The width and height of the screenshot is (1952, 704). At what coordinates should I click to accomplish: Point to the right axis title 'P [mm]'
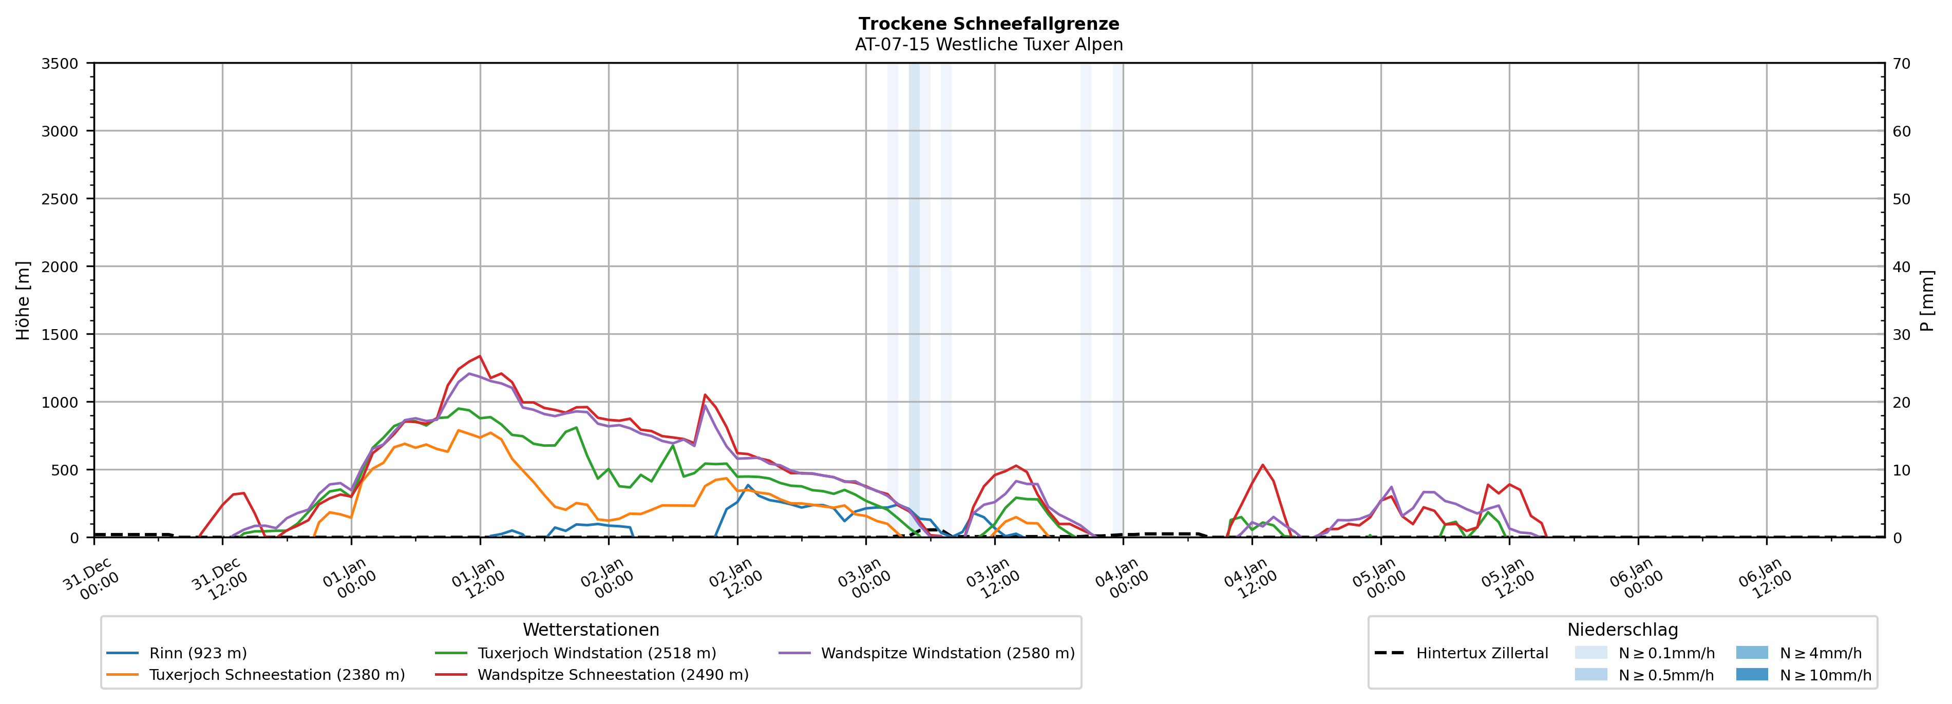pos(1927,301)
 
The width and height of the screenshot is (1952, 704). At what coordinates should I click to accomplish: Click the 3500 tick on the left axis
pos(60,64)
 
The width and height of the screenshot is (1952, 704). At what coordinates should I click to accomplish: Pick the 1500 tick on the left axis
pos(60,334)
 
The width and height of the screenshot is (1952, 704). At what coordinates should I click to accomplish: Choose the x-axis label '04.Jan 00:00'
pos(1122,580)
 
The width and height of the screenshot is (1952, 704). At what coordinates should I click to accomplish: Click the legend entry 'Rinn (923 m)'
pos(198,653)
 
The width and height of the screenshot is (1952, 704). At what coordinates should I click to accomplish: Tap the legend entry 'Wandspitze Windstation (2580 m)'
pos(947,653)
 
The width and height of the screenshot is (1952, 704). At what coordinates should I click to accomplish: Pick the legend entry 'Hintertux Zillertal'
pos(1482,653)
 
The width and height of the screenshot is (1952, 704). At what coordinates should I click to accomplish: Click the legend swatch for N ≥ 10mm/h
pos(1751,674)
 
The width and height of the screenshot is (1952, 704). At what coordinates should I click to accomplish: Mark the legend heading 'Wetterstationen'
pos(591,630)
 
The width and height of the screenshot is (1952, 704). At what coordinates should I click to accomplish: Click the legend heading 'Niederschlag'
pos(1622,630)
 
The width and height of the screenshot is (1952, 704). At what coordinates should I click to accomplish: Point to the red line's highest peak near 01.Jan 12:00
pos(480,356)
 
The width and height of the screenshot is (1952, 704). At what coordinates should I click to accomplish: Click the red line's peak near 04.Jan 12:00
pos(1262,465)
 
